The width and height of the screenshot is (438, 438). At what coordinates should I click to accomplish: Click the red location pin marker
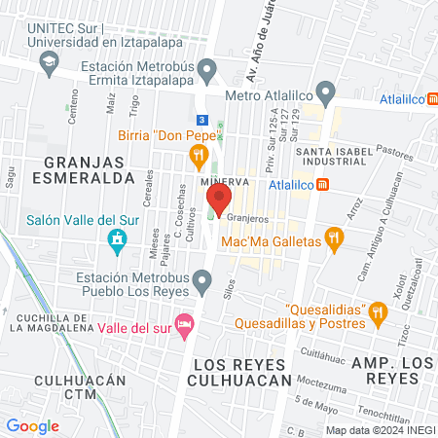pyautogui.click(x=216, y=201)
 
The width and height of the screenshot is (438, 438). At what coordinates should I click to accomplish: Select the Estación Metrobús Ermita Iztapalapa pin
pyautogui.click(x=206, y=70)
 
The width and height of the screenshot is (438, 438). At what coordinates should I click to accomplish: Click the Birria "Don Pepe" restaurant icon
pyautogui.click(x=201, y=154)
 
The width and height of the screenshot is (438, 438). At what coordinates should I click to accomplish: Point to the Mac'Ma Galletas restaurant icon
pyautogui.click(x=334, y=238)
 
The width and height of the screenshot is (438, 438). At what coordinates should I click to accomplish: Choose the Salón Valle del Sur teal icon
pyautogui.click(x=118, y=239)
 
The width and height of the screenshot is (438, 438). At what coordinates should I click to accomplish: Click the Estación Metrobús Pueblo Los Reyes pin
pyautogui.click(x=201, y=284)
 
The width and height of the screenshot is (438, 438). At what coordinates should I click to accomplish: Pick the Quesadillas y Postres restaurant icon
pyautogui.click(x=379, y=312)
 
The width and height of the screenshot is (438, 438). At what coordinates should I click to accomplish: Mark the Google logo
pyautogui.click(x=32, y=425)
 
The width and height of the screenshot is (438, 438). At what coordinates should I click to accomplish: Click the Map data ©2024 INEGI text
pyautogui.click(x=380, y=430)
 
